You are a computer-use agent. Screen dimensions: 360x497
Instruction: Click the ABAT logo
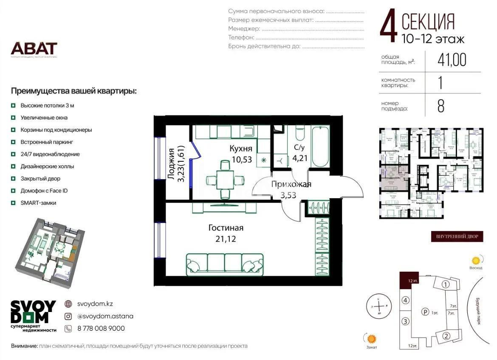[x=34, y=48]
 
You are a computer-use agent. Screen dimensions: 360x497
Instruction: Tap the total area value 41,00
[x=452, y=60]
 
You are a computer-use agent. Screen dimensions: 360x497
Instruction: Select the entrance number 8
[x=441, y=106]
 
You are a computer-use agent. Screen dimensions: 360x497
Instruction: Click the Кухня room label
[x=241, y=149]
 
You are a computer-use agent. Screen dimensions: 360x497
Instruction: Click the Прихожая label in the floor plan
[x=291, y=184]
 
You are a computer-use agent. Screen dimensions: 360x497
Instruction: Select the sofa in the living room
[x=224, y=264]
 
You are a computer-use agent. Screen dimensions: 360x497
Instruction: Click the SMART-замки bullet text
[x=38, y=203]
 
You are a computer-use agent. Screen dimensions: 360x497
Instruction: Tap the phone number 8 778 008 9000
[x=101, y=328]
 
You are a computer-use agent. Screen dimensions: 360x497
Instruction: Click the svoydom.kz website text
[x=95, y=304]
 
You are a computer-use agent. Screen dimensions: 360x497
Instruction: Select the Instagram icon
[x=68, y=316]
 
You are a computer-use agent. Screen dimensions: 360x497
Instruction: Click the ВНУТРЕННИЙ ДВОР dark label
[x=457, y=236]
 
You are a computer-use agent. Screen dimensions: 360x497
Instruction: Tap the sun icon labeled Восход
[x=476, y=260]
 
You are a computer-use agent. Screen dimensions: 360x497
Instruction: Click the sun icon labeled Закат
[x=372, y=338]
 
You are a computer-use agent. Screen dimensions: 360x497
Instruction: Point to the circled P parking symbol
[x=424, y=312]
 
